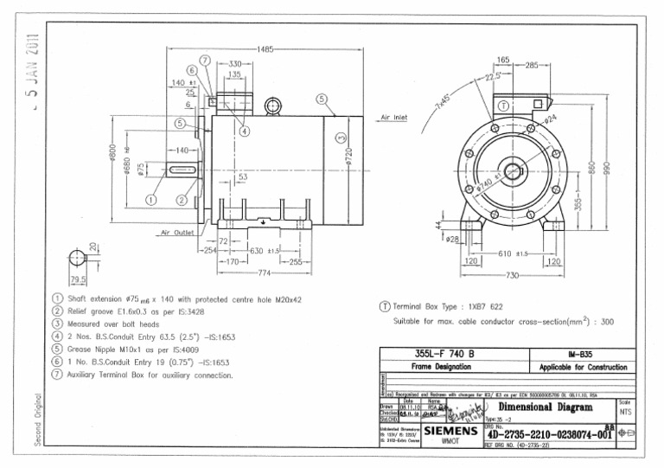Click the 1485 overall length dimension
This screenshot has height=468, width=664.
(x=265, y=50)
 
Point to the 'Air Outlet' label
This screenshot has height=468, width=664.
(x=176, y=232)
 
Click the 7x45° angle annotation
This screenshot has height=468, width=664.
(x=443, y=100)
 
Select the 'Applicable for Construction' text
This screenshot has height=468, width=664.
(x=583, y=367)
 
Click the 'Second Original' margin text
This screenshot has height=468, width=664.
(x=37, y=421)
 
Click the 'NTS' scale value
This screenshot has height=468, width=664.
(x=626, y=413)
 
